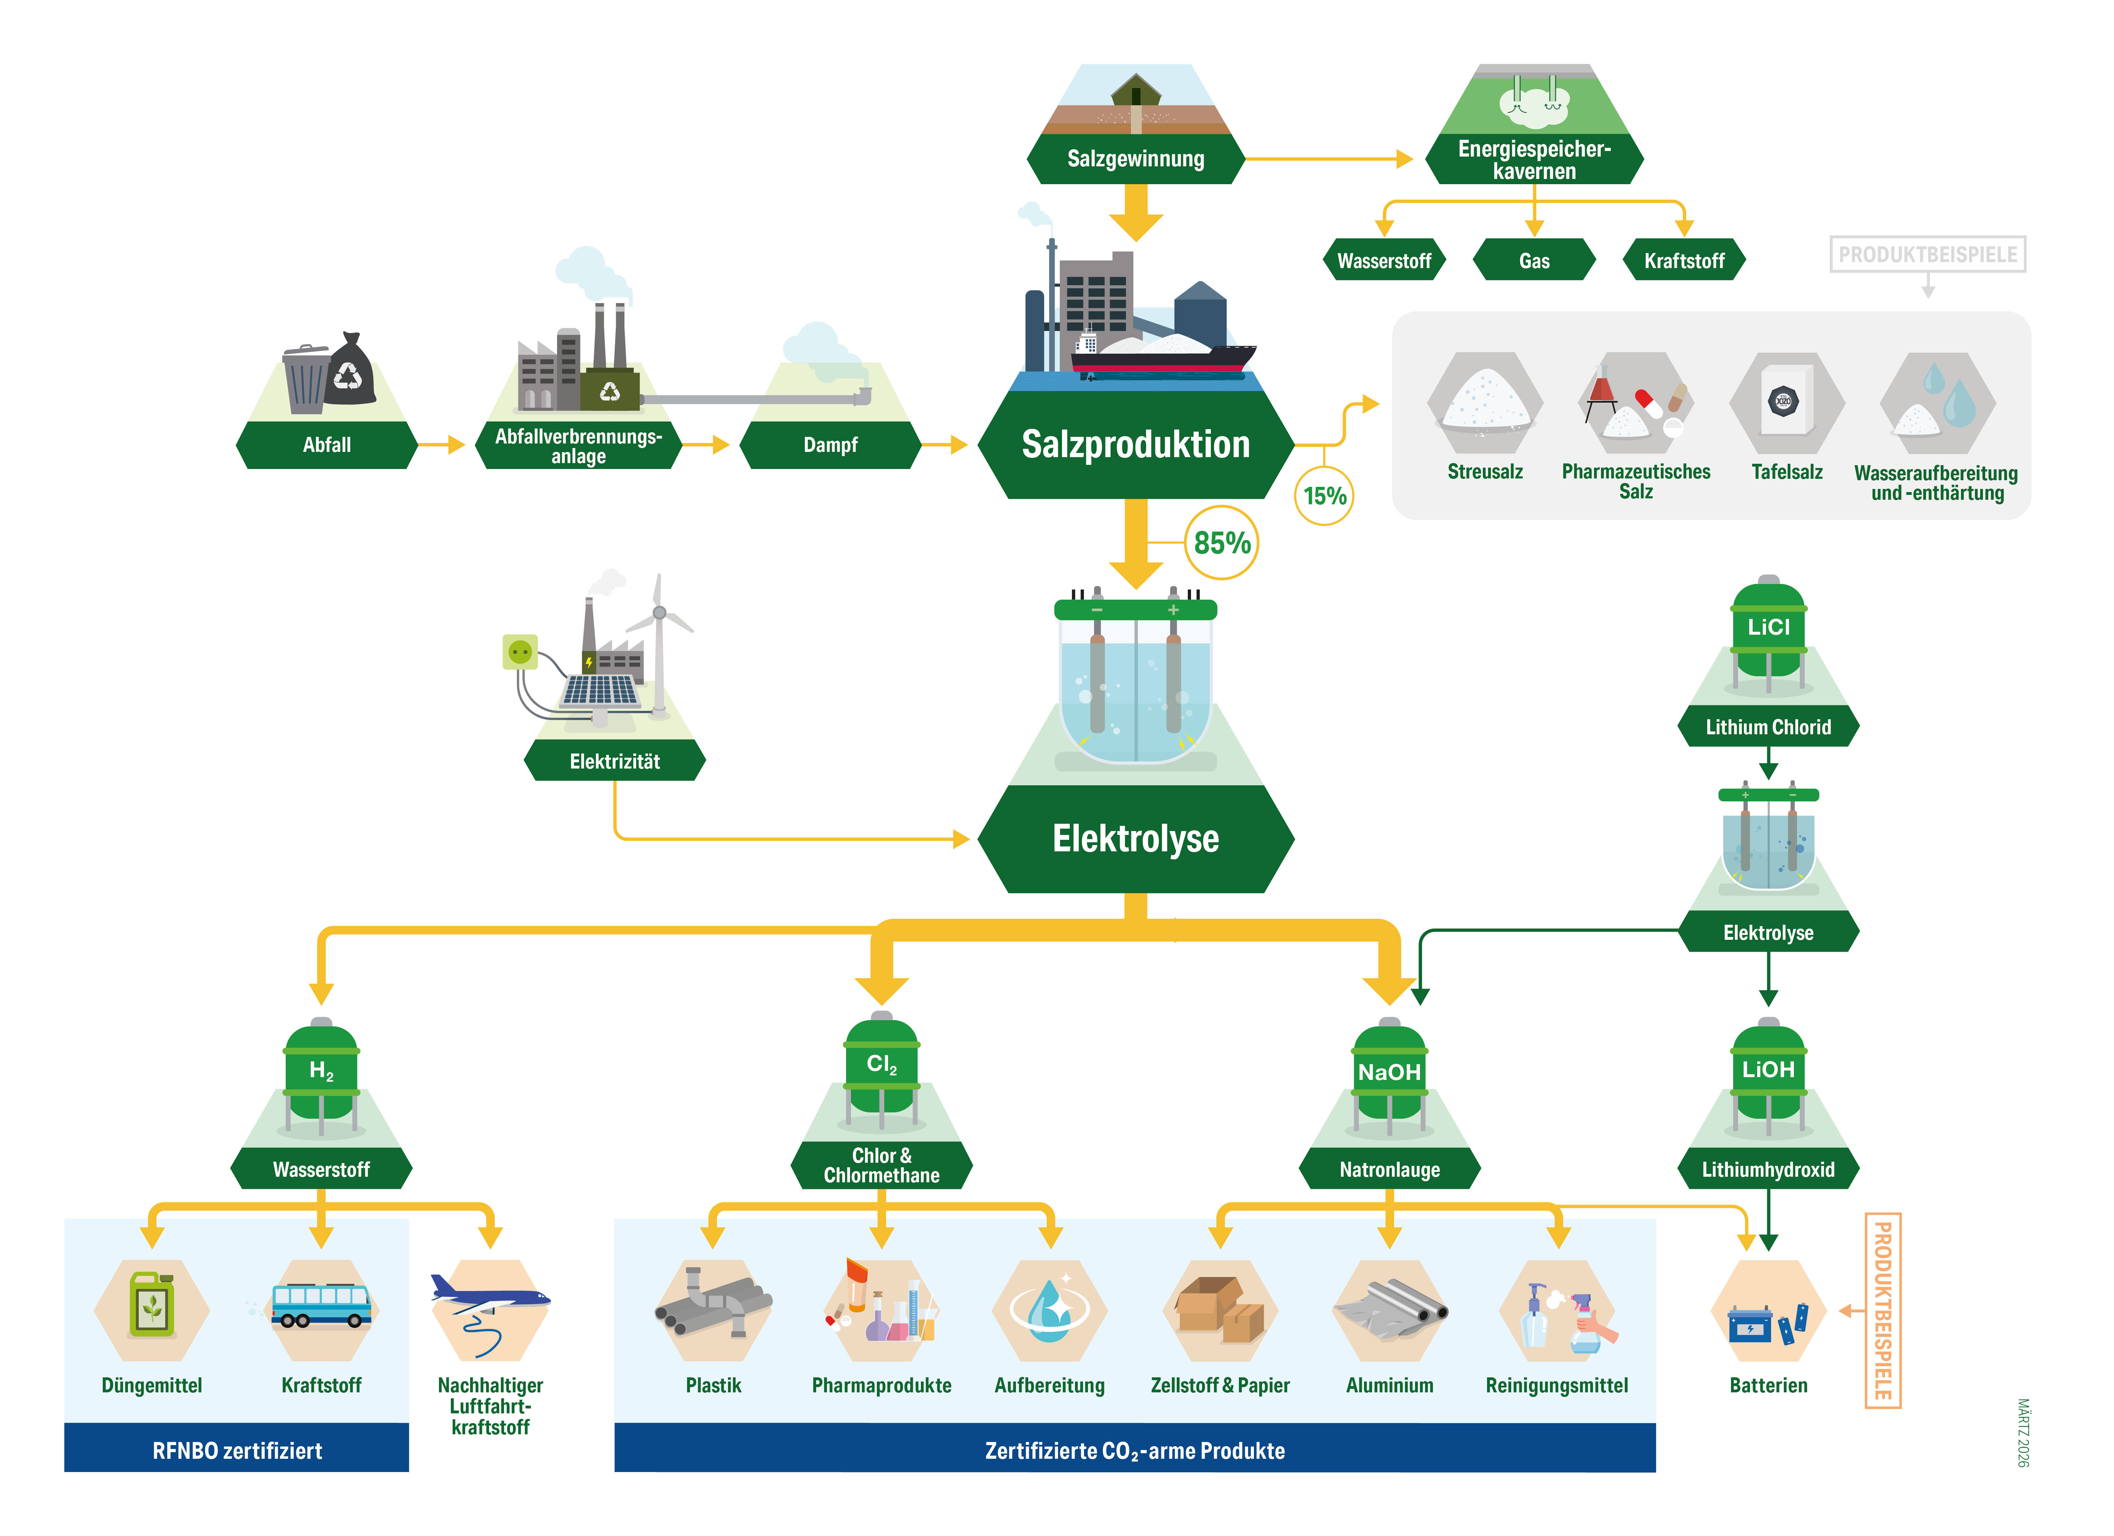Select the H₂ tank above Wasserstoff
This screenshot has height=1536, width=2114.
point(322,1072)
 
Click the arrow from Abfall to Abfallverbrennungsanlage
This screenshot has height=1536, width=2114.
point(443,445)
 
